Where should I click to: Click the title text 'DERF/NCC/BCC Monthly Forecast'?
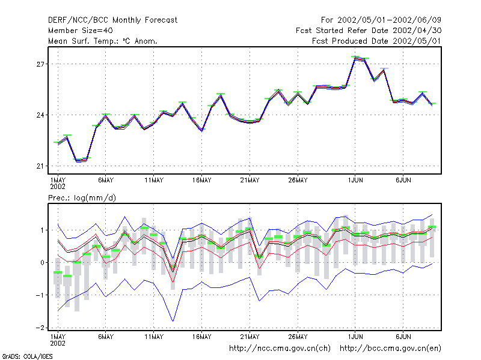(112, 20)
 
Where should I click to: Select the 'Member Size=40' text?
(81, 31)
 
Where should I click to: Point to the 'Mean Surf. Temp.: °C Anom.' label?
(102, 41)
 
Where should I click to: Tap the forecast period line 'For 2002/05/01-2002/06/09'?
(381, 20)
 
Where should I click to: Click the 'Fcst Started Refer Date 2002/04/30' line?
(369, 31)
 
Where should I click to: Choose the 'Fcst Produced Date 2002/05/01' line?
(376, 41)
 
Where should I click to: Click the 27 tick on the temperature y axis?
(40, 64)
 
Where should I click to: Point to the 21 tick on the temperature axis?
(40, 166)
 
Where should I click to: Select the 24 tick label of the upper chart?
(40, 115)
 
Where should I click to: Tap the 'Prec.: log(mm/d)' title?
(82, 198)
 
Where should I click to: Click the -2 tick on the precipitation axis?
(40, 328)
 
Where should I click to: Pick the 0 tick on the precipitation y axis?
(42, 263)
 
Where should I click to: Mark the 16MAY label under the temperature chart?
(202, 181)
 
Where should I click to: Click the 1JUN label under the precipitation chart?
(355, 337)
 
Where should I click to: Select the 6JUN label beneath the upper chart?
(403, 181)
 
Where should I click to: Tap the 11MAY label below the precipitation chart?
(154, 337)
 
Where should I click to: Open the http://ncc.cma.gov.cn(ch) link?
(280, 349)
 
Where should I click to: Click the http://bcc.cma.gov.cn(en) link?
(390, 349)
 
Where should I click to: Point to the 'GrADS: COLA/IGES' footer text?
(28, 356)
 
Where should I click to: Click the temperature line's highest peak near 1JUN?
(355, 57)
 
